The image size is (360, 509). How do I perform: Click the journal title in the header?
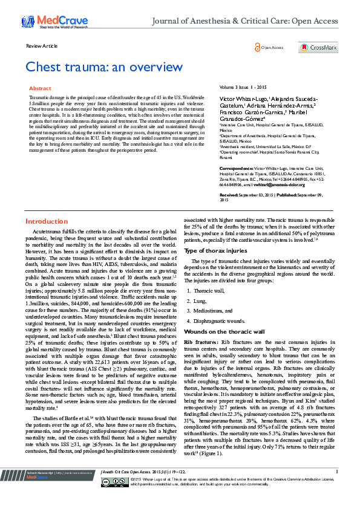tap(244, 21)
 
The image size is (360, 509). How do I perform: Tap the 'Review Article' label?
tap(42, 46)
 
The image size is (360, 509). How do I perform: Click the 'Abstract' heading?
tap(41, 88)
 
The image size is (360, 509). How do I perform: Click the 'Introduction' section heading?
tap(47, 221)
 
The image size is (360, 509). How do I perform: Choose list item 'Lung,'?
tap(200, 300)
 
